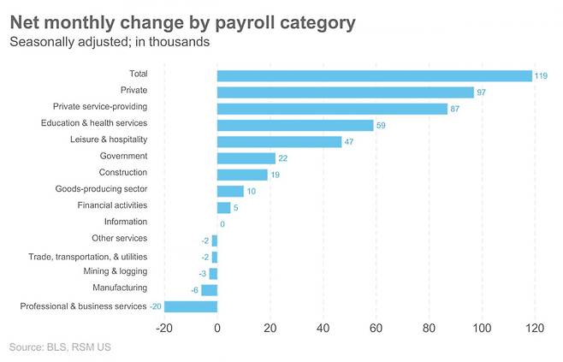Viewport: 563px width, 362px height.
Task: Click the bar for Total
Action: [375, 75]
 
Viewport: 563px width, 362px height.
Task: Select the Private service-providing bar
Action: [332, 109]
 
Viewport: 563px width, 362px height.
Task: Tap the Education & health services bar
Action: [295, 125]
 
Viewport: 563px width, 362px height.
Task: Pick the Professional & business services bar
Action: [191, 306]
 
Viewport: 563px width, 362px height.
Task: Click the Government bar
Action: [246, 158]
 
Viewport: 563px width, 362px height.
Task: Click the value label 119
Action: [542, 76]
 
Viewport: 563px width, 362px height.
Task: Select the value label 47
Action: [348, 142]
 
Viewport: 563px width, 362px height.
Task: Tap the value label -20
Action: [156, 306]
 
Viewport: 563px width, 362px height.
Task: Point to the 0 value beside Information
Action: [222, 224]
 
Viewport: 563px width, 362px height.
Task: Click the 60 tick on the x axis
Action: [376, 329]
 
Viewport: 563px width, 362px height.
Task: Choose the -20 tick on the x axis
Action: [163, 329]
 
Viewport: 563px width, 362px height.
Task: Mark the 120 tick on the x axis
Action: [534, 329]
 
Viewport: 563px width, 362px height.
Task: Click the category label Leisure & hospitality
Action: [108, 139]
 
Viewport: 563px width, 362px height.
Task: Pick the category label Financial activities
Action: [112, 205]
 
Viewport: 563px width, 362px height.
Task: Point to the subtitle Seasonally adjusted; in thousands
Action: [109, 41]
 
